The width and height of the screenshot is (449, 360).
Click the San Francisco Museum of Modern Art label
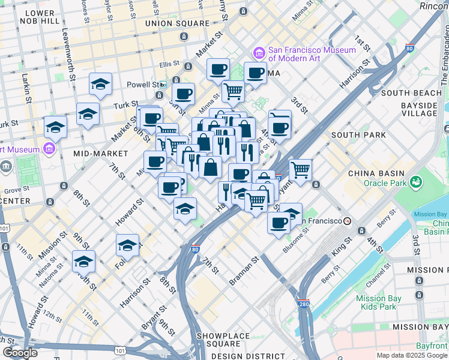coord(303,54)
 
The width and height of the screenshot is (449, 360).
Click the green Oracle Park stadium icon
coord(415,181)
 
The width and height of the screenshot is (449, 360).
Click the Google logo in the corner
coord(20,353)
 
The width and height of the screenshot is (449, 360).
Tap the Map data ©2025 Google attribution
coord(411,355)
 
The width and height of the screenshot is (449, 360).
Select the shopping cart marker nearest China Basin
coord(300,170)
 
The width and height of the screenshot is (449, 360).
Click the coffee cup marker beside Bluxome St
coord(279,223)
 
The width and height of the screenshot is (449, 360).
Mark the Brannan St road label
coord(244,272)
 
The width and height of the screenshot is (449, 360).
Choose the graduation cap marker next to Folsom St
coord(127,245)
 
